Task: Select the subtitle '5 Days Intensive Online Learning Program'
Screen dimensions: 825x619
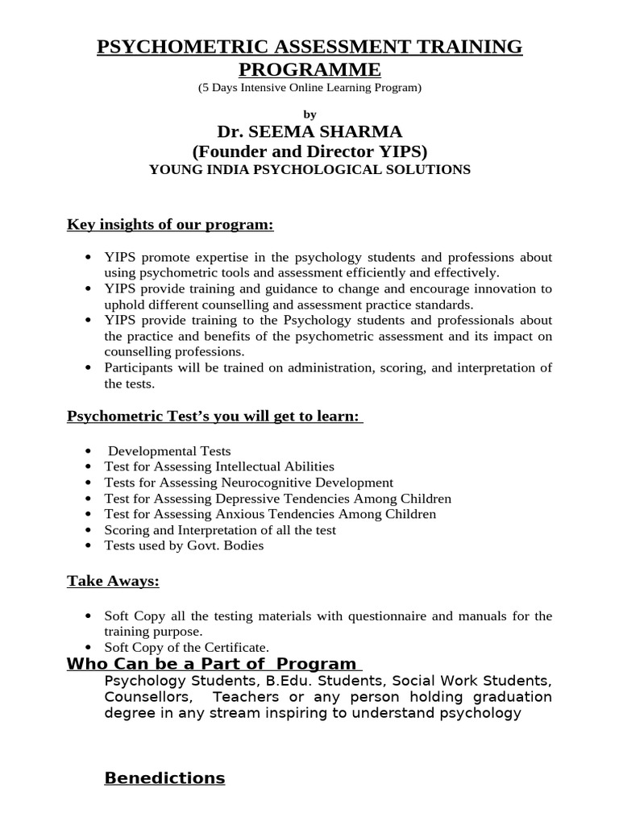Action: pyautogui.click(x=309, y=87)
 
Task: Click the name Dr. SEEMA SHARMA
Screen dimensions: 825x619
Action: pyautogui.click(x=309, y=131)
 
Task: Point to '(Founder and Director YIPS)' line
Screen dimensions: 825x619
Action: pyautogui.click(x=309, y=151)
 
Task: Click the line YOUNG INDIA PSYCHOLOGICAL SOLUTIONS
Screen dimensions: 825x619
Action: pyautogui.click(x=309, y=169)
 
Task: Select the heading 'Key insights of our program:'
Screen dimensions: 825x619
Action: pyautogui.click(x=170, y=225)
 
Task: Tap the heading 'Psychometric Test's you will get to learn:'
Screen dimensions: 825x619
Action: pyautogui.click(x=214, y=417)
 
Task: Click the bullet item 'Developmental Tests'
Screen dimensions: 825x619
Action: pyautogui.click(x=169, y=451)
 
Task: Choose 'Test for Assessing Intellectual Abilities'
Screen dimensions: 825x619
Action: pyautogui.click(x=219, y=466)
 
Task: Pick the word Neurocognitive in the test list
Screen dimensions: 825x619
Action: pyautogui.click(x=259, y=483)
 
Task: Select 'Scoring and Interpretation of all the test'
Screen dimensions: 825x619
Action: pyautogui.click(x=220, y=530)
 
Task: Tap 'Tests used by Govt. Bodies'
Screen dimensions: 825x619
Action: pyautogui.click(x=184, y=545)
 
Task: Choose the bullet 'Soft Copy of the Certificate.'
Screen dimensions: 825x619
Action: pyautogui.click(x=186, y=647)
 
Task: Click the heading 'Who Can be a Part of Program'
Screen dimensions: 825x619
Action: pyautogui.click(x=213, y=664)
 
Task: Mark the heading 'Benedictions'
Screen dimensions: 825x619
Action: pyautogui.click(x=165, y=778)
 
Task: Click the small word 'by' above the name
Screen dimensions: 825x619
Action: pyautogui.click(x=310, y=114)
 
